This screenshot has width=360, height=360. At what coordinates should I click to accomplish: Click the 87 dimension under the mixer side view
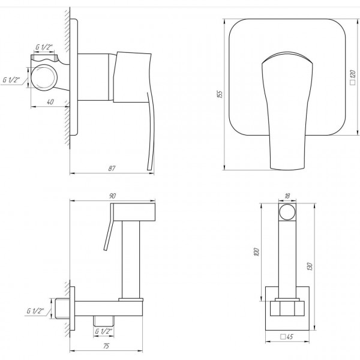pos(112,168)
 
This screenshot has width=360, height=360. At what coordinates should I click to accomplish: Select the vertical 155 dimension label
pos(220,94)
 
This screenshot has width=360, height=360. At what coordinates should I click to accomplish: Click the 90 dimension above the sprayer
pos(113,195)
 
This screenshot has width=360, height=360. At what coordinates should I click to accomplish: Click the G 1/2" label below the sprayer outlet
pos(104,331)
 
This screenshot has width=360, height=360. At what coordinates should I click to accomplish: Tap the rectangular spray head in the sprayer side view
pos(133,211)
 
